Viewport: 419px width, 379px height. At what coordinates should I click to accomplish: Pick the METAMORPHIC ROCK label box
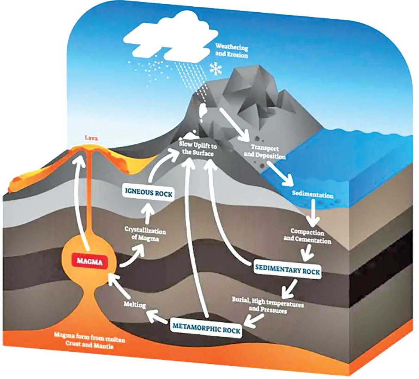click(x=206, y=330)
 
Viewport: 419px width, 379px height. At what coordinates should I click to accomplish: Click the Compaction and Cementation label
click(x=311, y=236)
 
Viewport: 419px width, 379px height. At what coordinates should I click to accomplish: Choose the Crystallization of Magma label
click(x=145, y=235)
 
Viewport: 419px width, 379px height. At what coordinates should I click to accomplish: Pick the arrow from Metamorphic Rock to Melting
click(x=158, y=316)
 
